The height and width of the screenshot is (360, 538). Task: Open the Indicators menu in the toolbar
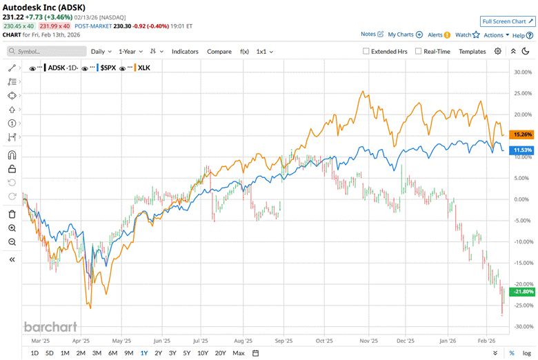tap(185, 51)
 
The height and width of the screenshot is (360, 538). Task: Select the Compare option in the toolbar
tap(219, 51)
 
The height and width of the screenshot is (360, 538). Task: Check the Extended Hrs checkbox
tap(366, 51)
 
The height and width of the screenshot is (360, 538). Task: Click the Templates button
tap(472, 51)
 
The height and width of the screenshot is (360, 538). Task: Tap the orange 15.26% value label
tap(521, 134)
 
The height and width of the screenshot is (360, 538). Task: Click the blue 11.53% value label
tap(521, 150)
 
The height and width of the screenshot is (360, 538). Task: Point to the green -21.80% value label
tap(521, 292)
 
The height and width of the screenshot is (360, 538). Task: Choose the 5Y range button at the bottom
tap(187, 353)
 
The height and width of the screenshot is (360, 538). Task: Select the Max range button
tap(239, 353)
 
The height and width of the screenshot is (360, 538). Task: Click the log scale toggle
tap(526, 353)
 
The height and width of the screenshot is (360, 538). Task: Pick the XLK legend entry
tap(145, 68)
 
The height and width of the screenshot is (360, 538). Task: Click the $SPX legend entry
tap(107, 68)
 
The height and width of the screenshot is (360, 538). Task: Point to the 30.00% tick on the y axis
tap(522, 72)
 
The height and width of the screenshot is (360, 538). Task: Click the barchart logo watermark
tap(50, 327)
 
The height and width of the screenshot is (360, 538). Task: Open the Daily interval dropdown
tap(101, 51)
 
